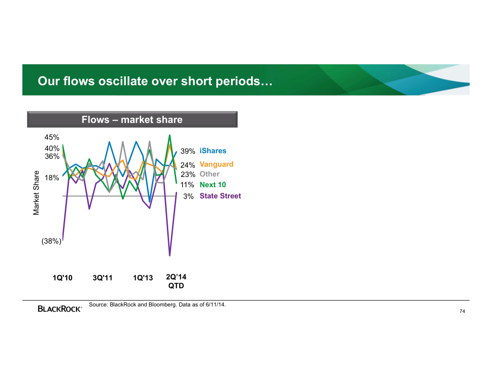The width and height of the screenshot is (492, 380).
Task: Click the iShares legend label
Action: tap(212, 151)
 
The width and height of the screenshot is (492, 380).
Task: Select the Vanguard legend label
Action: tap(216, 164)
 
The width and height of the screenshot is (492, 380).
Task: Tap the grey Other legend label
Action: tap(209, 174)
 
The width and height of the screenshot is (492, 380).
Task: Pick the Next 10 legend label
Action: tap(212, 185)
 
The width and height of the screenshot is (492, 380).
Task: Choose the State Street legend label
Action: tap(220, 196)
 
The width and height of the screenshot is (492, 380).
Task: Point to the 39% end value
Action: tap(188, 151)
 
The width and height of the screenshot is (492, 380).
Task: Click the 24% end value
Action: tap(188, 165)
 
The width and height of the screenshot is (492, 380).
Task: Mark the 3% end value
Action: tap(188, 197)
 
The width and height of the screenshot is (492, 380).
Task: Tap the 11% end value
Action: tap(188, 185)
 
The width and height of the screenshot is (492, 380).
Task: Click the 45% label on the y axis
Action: tap(52, 137)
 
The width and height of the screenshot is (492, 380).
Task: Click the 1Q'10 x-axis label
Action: tap(62, 278)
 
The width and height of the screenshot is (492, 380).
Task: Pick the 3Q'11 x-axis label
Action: tap(102, 278)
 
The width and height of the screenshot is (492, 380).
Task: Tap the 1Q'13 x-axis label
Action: tap(143, 278)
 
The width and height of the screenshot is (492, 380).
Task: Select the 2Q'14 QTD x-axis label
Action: tap(176, 281)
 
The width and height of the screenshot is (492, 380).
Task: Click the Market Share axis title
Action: tap(36, 193)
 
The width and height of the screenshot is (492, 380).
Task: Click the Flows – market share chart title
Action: tap(132, 120)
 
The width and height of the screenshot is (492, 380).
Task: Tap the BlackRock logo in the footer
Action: tap(60, 308)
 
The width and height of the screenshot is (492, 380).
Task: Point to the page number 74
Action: tap(462, 311)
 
